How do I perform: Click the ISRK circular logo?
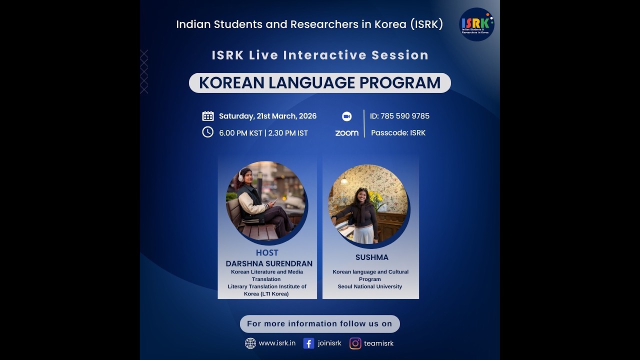(x=476, y=24)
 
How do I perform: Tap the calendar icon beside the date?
(x=208, y=116)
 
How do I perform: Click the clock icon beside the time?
(x=207, y=132)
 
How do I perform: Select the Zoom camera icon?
(x=346, y=116)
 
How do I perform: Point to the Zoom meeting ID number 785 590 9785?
(x=404, y=116)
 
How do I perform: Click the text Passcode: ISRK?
(x=398, y=133)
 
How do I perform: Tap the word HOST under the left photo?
(x=267, y=252)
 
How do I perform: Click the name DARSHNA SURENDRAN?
(x=269, y=263)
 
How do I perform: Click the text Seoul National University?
(x=370, y=286)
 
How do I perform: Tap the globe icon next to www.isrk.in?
(x=250, y=343)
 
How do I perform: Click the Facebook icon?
(x=308, y=343)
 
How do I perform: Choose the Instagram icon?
(x=355, y=343)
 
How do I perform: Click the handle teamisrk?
(x=378, y=343)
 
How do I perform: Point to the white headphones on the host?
(x=242, y=175)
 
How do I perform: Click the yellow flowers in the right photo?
(x=376, y=199)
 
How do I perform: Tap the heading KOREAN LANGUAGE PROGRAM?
(x=319, y=83)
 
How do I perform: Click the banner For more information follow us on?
(x=319, y=323)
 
